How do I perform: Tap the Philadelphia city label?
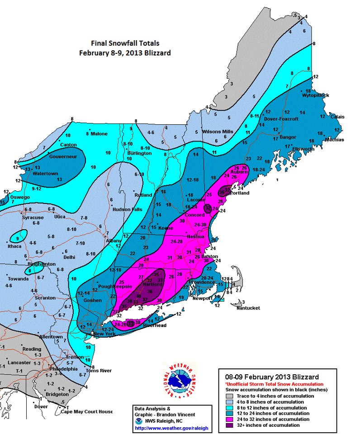coord(59,368)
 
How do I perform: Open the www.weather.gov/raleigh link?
coord(166,428)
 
